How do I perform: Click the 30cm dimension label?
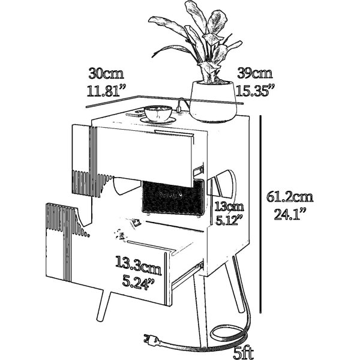pyautogui.click(x=106, y=73)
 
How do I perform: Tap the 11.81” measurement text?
pyautogui.click(x=107, y=91)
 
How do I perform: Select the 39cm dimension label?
pyautogui.click(x=255, y=73)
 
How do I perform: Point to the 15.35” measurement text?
pyautogui.click(x=256, y=90)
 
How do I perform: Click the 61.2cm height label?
pyautogui.click(x=290, y=197)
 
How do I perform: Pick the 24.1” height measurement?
pyautogui.click(x=290, y=214)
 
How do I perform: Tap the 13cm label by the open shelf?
pyautogui.click(x=229, y=206)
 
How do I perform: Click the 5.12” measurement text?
pyautogui.click(x=229, y=220)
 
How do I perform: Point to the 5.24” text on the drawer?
pyautogui.click(x=138, y=282)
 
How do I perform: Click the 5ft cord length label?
pyautogui.click(x=244, y=353)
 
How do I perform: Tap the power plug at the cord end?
pyautogui.click(x=152, y=340)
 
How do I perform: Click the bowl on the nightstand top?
pyautogui.click(x=158, y=113)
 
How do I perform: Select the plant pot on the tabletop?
pyautogui.click(x=213, y=101)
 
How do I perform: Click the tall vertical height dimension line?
pyautogui.click(x=260, y=214)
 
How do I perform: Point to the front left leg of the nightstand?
pyautogui.click(x=104, y=305)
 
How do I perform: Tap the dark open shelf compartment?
pyautogui.click(x=173, y=197)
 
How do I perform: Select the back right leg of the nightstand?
pyautogui.click(x=238, y=284)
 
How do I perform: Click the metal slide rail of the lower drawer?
pyautogui.click(x=188, y=275)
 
